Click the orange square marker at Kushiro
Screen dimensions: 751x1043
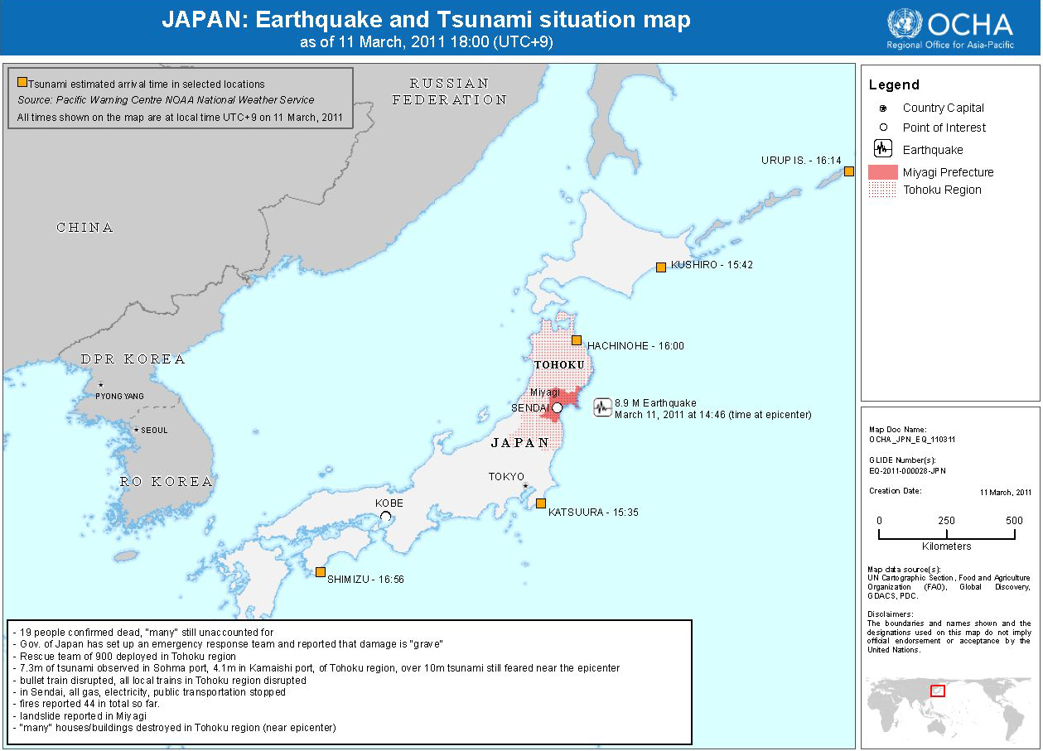tap(660, 267)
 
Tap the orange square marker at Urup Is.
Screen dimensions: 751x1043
tap(848, 171)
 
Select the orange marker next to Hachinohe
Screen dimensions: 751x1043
tap(577, 339)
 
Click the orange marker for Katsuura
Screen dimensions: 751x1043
tap(540, 503)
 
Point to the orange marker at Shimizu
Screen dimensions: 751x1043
tap(320, 571)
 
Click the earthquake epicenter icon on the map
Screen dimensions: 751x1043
tap(603, 407)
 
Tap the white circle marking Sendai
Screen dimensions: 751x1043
tap(558, 408)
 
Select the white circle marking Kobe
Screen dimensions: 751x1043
tap(385, 516)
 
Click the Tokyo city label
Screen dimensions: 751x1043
tap(506, 476)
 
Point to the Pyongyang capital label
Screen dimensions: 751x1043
tap(119, 396)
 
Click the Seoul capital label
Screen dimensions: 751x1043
tap(154, 430)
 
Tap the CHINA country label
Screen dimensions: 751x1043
tap(85, 228)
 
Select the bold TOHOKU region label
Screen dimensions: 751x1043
tap(559, 365)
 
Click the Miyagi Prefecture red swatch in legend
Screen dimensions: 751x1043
tap(882, 172)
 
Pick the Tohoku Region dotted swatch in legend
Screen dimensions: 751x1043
tap(882, 190)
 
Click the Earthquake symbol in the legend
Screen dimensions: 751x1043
tap(883, 149)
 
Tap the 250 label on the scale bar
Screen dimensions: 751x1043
tap(946, 521)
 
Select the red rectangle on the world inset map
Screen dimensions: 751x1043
tap(938, 691)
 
